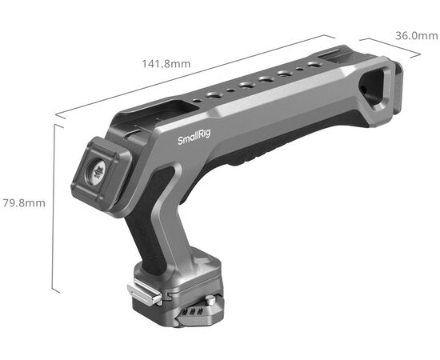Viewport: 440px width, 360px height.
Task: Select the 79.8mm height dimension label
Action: [x=23, y=202]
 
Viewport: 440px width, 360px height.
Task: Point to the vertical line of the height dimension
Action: [x=54, y=208]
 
